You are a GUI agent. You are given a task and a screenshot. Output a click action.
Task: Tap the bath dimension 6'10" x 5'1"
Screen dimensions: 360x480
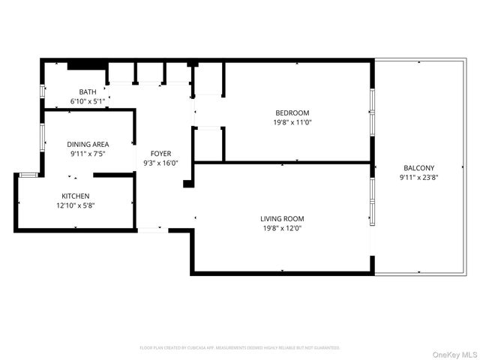tap(88, 101)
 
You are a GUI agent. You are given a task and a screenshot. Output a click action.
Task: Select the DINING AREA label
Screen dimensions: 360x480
tap(88, 144)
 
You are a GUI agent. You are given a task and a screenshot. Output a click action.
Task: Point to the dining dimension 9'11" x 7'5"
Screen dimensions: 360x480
tap(88, 154)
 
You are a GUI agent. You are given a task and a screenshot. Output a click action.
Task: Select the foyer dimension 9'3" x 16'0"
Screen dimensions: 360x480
tap(161, 163)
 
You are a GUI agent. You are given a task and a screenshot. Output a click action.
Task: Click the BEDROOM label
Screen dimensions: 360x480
tap(292, 112)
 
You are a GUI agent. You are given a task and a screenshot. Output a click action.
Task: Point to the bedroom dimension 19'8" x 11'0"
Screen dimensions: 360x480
tap(292, 122)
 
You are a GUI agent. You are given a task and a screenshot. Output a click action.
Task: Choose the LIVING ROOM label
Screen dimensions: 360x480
tap(282, 219)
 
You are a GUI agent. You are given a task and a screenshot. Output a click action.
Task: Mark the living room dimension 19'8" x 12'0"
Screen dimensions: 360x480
tap(282, 229)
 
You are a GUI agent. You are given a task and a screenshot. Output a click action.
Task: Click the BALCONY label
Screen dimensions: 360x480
tap(417, 168)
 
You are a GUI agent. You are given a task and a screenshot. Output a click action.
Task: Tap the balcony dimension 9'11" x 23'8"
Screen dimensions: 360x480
tap(417, 178)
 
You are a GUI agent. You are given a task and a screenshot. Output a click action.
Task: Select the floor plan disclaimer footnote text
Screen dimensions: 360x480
tap(240, 348)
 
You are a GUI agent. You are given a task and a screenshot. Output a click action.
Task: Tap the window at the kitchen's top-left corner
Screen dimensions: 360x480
tap(28, 175)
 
